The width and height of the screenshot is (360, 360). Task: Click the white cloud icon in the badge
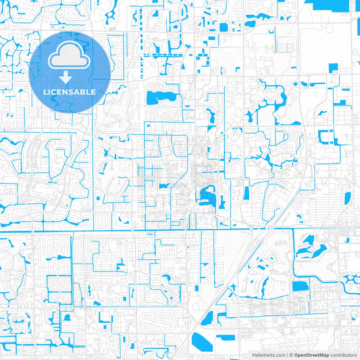click(x=70, y=55)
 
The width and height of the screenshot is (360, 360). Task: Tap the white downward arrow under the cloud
click(x=70, y=76)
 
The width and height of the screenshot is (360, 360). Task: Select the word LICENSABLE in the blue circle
click(x=70, y=91)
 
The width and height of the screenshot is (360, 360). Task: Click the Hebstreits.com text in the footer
click(x=267, y=354)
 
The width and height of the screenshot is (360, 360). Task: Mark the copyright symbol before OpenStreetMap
click(x=290, y=354)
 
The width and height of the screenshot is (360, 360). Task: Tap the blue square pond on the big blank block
click(x=332, y=68)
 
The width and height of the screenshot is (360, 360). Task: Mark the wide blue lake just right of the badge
click(x=159, y=97)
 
